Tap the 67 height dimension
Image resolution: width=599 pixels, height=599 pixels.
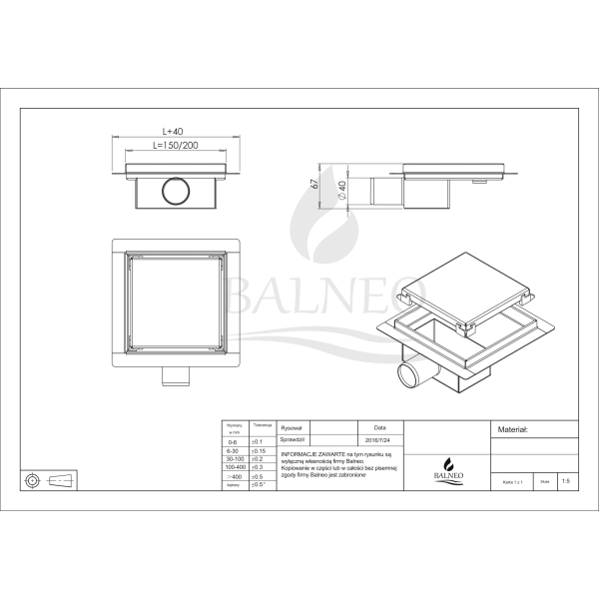pos(313,183)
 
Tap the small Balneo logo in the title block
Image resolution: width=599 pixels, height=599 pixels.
pos(449,468)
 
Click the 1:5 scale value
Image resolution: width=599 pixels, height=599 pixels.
pos(566,481)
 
